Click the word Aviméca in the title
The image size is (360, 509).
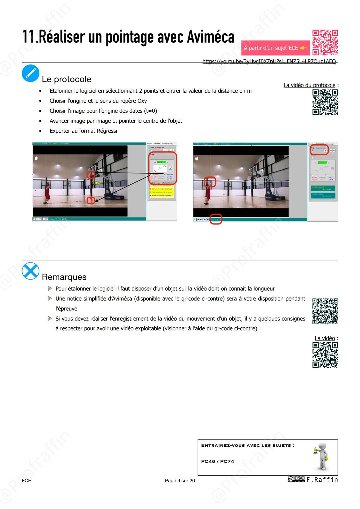tap(210, 37)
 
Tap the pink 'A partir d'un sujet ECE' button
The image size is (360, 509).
tap(275, 48)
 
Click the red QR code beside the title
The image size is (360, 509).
tap(325, 42)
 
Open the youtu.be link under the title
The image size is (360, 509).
tap(269, 61)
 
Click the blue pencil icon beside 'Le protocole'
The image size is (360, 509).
tap(30, 73)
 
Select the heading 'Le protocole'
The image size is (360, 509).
tap(66, 79)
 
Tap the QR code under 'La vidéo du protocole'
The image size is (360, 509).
tap(325, 102)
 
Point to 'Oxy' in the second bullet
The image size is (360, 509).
tap(142, 101)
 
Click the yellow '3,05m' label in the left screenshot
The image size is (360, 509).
tap(97, 183)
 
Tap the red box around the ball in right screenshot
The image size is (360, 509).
tap(210, 182)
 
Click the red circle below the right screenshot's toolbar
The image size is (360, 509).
tap(216, 219)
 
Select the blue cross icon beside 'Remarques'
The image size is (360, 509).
tap(30, 271)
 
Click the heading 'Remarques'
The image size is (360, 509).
tap(64, 277)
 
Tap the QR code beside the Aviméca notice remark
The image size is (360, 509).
tap(325, 311)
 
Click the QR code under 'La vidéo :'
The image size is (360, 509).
tap(325, 355)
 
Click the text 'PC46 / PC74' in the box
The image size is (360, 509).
tap(217, 461)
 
